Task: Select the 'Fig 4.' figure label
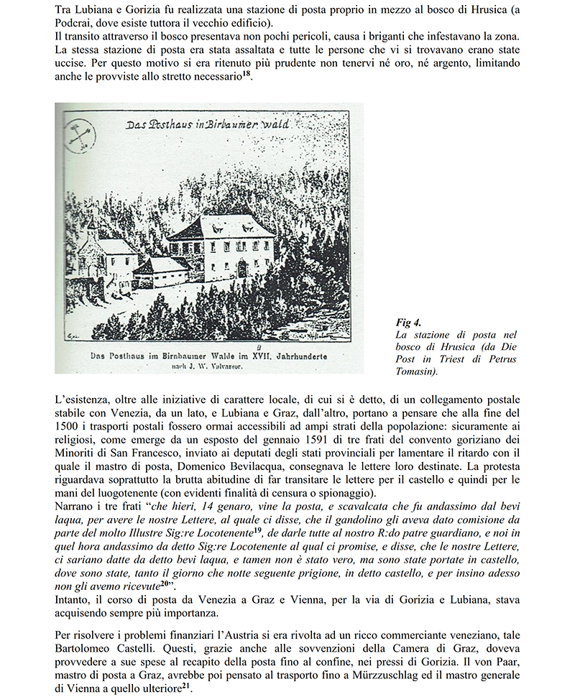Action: [x=408, y=322]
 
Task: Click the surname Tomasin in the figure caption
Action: [x=418, y=373]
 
